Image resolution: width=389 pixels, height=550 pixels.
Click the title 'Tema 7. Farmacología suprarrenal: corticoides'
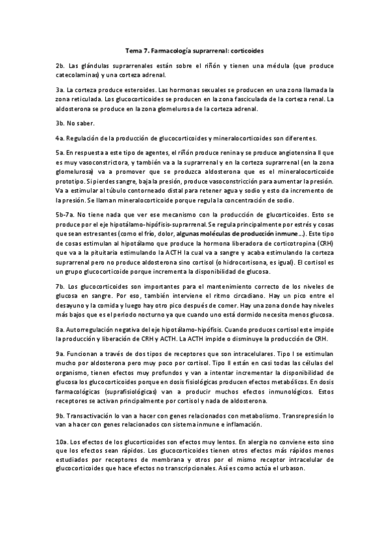194,49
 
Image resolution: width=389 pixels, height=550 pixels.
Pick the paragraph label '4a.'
60,137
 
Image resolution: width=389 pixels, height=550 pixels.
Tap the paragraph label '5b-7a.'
65,213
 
